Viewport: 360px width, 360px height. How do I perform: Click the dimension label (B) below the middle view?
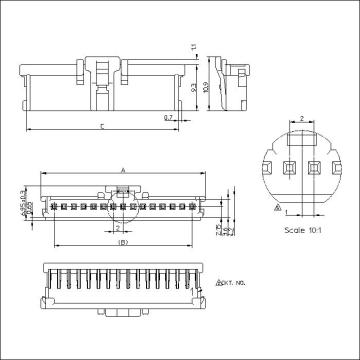pos(122,243)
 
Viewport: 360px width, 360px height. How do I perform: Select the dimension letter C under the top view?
pos(105,127)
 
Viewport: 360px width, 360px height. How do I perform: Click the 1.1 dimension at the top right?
pos(196,47)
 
